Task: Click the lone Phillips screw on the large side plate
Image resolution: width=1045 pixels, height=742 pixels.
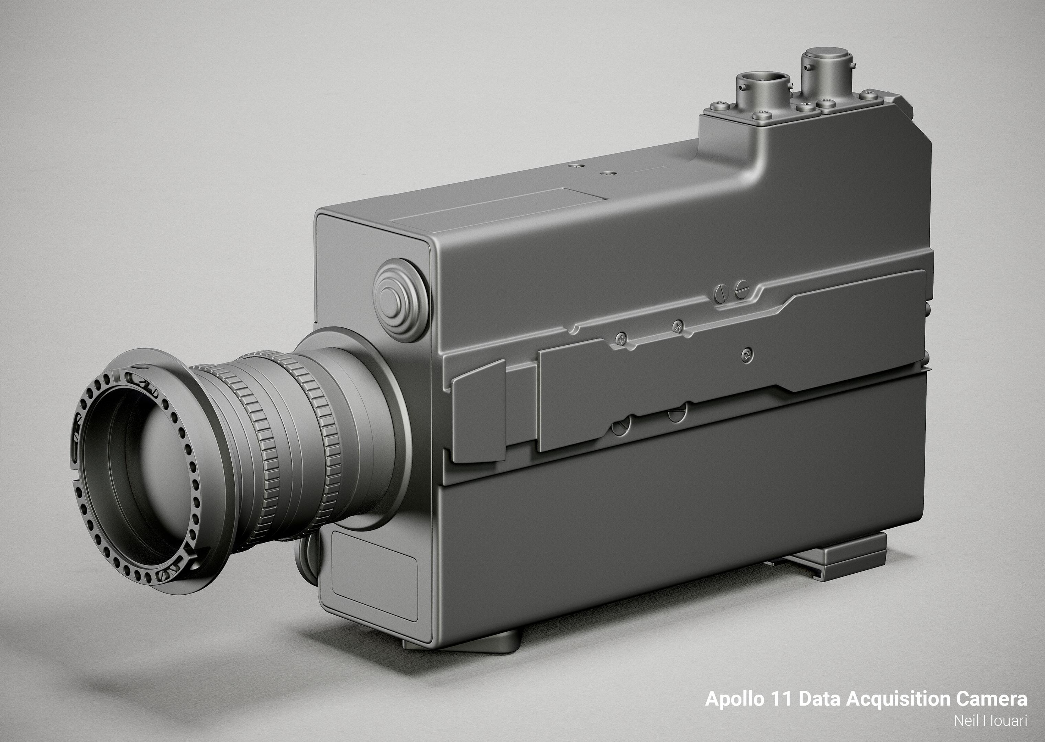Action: (746, 353)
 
